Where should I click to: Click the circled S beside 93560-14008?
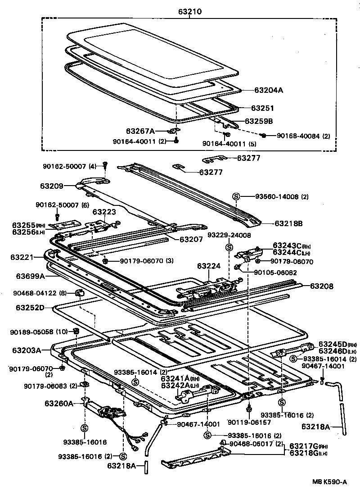click(236, 196)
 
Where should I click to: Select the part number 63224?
click(209, 266)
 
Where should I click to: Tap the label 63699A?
click(31, 276)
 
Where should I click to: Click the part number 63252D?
click(31, 308)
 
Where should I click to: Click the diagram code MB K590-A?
click(330, 482)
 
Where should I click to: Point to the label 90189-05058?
click(34, 332)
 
